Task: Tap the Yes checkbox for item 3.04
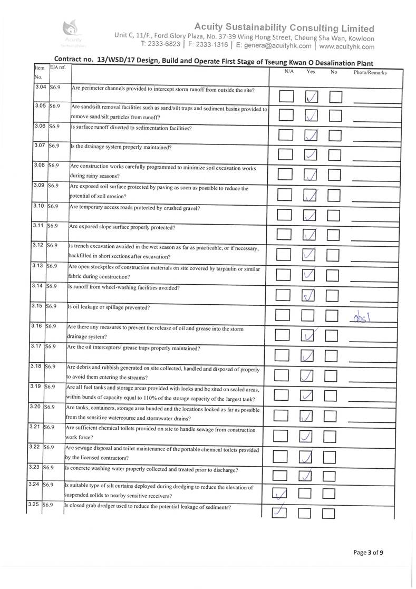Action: coord(312,96)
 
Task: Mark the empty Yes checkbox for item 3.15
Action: coord(310,315)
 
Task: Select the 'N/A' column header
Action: coord(288,71)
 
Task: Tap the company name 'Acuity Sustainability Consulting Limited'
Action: coord(284,27)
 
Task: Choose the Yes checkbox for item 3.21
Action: coord(308,436)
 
